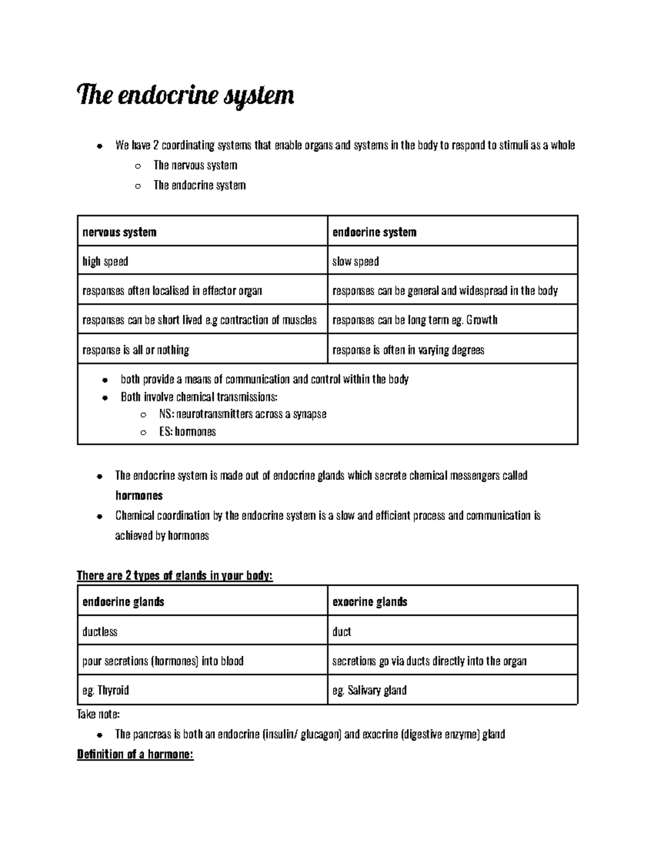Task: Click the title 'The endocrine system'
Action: coord(186,96)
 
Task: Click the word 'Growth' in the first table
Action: coord(482,320)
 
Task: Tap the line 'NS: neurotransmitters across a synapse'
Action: coord(243,414)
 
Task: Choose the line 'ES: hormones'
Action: coord(187,432)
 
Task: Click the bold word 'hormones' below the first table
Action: coord(139,496)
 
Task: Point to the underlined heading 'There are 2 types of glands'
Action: coord(174,576)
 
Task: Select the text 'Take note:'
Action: coord(98,714)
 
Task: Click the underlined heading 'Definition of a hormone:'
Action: coord(135,755)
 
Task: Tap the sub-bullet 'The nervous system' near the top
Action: coord(195,165)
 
